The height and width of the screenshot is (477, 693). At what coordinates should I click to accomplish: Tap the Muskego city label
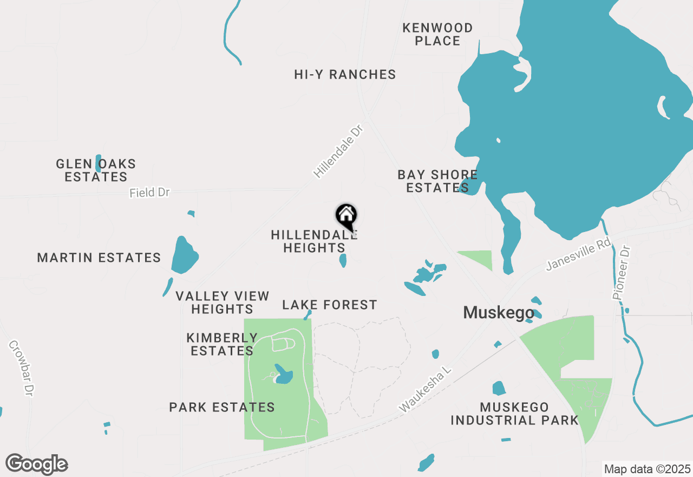click(x=498, y=312)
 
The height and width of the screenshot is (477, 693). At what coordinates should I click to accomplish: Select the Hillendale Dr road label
click(x=337, y=151)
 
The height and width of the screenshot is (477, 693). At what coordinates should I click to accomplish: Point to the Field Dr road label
click(x=149, y=192)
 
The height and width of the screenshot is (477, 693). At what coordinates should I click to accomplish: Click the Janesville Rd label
click(x=578, y=255)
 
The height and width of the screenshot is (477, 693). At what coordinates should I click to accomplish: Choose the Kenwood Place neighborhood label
click(x=437, y=34)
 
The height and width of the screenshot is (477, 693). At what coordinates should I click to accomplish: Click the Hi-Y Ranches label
click(x=345, y=75)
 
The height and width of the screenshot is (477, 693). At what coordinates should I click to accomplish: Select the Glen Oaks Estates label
click(x=96, y=170)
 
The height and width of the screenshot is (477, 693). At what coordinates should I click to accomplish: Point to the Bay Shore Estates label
click(x=437, y=182)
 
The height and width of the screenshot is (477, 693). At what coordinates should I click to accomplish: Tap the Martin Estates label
click(x=99, y=257)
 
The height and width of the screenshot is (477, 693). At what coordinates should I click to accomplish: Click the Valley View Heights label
click(x=223, y=302)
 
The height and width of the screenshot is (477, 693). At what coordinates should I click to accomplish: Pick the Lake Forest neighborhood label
click(x=330, y=305)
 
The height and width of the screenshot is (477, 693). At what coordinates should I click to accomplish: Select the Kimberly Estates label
click(x=223, y=344)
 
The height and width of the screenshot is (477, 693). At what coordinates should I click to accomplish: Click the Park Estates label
click(x=222, y=407)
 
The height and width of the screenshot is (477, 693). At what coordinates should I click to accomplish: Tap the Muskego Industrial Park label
click(x=514, y=414)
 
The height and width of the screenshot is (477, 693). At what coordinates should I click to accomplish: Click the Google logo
click(x=37, y=464)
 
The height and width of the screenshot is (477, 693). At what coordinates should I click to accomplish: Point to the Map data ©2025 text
click(x=647, y=469)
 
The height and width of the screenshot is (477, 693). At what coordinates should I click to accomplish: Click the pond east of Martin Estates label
click(x=184, y=256)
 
